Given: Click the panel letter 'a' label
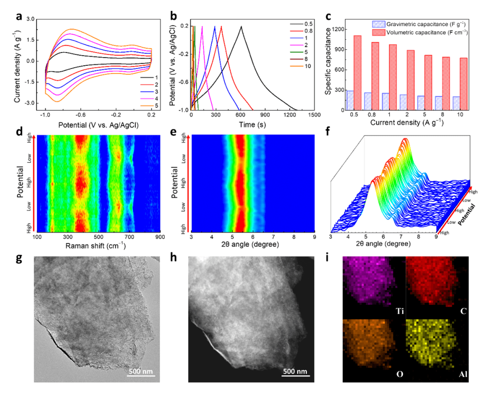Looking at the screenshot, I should (19, 17).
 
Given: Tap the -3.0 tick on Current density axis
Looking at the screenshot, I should (30, 103).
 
